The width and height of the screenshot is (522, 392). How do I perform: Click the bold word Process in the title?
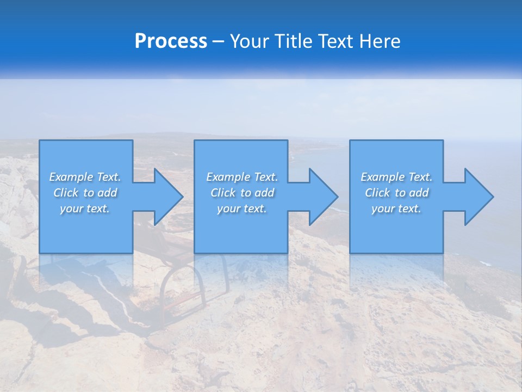(x=171, y=41)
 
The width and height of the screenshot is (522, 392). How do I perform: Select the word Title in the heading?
(x=294, y=41)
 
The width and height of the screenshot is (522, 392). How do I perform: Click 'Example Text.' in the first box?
(x=85, y=177)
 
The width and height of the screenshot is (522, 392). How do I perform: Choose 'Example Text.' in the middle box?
(x=242, y=177)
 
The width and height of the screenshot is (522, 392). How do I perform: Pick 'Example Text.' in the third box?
(x=396, y=177)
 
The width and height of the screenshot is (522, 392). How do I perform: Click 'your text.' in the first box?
(x=85, y=209)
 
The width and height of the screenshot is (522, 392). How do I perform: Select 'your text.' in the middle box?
(x=242, y=209)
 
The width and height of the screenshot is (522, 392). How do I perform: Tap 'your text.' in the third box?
(x=396, y=209)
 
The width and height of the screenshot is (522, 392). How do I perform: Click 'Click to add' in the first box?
(x=85, y=193)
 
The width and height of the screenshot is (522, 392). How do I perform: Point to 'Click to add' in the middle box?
(x=242, y=193)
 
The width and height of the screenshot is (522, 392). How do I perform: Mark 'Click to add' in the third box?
(x=396, y=193)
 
